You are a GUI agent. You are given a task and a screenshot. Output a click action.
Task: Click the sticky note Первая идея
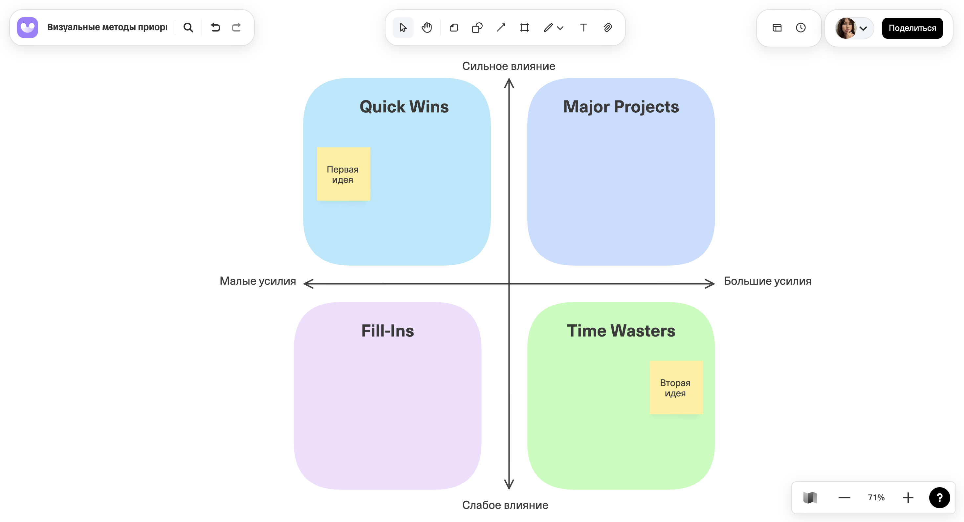tap(343, 174)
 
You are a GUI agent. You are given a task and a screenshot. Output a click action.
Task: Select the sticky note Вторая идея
tap(676, 387)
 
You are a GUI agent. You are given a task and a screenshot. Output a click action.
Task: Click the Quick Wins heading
tap(404, 107)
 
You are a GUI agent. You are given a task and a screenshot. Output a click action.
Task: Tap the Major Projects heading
tap(621, 107)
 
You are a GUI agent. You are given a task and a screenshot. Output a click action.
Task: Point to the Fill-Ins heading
tap(387, 331)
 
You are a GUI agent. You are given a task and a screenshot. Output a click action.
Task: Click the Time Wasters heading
tap(621, 331)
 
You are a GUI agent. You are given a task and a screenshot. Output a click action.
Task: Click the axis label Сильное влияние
tap(508, 66)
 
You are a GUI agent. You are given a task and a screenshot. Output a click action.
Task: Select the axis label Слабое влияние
tap(505, 505)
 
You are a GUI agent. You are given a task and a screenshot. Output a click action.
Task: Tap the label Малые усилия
tap(257, 281)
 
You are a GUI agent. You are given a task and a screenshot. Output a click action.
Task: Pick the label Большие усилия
tap(767, 281)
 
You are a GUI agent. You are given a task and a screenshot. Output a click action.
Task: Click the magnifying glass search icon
tap(188, 27)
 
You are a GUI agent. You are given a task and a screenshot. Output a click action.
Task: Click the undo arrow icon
tap(215, 27)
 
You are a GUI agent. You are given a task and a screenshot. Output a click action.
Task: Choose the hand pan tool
tap(427, 27)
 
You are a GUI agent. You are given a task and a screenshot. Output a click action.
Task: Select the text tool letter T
tap(583, 27)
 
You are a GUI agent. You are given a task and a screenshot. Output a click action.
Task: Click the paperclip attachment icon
tap(607, 27)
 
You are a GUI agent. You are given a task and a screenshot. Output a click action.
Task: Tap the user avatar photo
tap(845, 28)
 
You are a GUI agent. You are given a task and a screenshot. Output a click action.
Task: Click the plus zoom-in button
tap(908, 497)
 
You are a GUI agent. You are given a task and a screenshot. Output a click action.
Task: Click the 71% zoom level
tap(876, 497)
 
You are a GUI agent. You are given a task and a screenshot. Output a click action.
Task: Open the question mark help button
tap(939, 497)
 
